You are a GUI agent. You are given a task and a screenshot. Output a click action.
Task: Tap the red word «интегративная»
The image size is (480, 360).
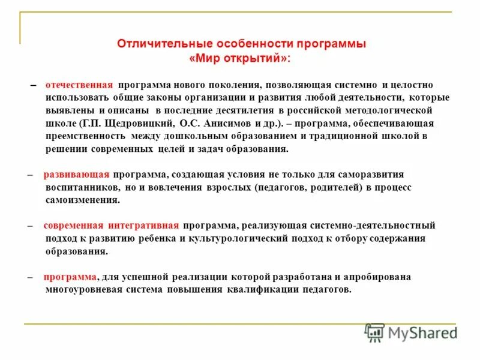pyautogui.click(x=143, y=226)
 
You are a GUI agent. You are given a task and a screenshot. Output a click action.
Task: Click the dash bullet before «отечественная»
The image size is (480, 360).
pyautogui.click(x=33, y=85)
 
